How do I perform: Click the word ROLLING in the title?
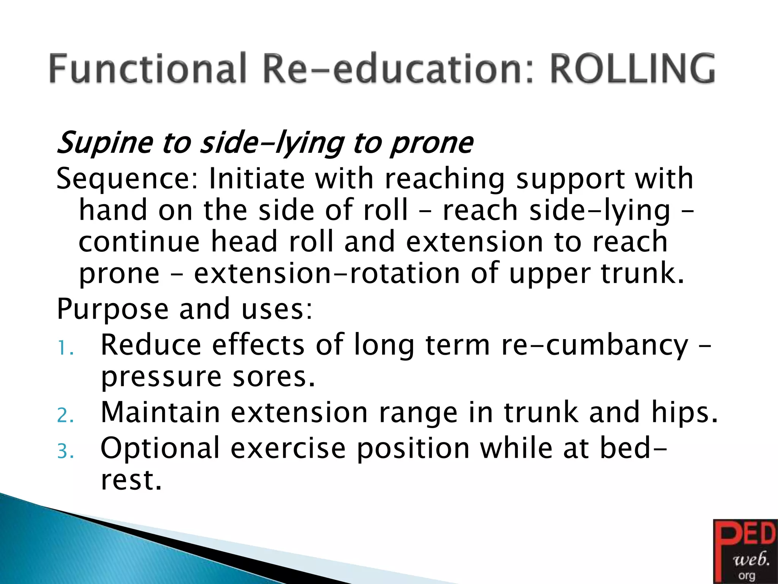(633, 69)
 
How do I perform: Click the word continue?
(139, 242)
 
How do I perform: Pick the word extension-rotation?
(327, 273)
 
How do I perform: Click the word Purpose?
(112, 309)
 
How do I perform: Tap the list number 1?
(65, 348)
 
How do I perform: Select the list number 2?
(65, 416)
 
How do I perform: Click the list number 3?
(65, 452)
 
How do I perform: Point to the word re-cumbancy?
(595, 345)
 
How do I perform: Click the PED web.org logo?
(745, 551)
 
